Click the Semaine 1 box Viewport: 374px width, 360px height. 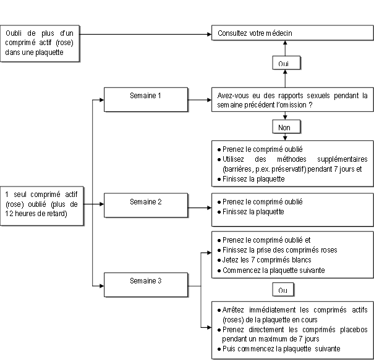coord(146,99)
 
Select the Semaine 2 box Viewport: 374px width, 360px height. coord(146,206)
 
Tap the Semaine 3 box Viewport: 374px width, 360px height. coord(146,285)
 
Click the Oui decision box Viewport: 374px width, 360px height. coord(286,63)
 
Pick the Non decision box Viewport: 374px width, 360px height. coord(286,127)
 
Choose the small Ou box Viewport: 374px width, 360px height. coord(283,290)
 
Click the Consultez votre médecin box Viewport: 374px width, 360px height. coord(292,33)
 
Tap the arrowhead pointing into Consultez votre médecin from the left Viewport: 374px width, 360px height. coord(209,35)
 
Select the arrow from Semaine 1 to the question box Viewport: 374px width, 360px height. coord(200,100)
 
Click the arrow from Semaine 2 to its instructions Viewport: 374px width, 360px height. coord(200,207)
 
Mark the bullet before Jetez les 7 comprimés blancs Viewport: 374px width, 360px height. coord(219,261)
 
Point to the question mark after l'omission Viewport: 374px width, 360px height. coord(310,105)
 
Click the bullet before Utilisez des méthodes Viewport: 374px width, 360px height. coord(219,160)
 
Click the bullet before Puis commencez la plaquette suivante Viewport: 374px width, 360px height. coord(219,350)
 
